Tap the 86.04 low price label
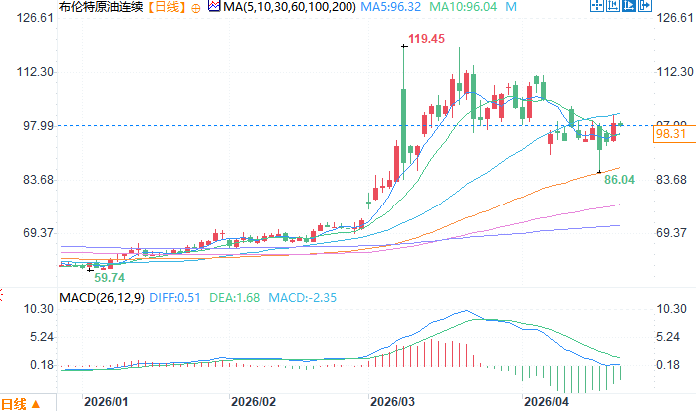(x=620, y=178)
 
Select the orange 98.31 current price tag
(x=670, y=133)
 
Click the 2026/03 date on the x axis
(x=392, y=401)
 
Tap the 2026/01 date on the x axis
(x=107, y=401)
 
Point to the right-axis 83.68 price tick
(x=673, y=179)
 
